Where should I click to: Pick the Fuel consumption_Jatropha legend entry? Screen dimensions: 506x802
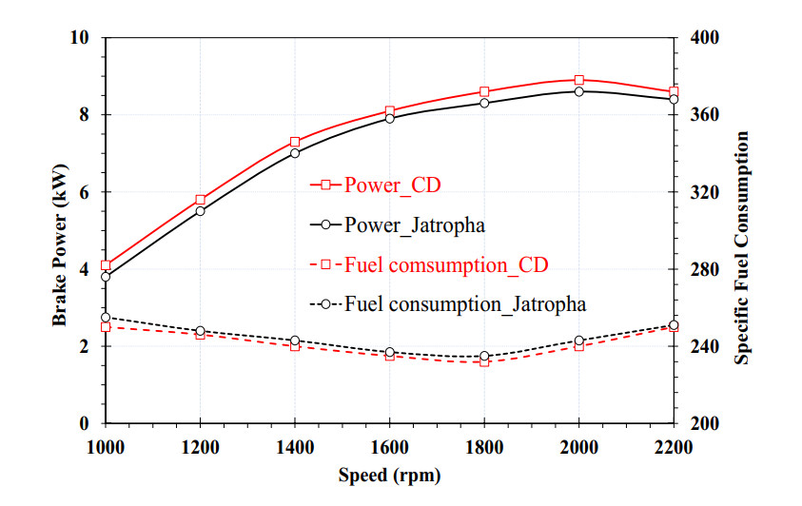pyautogui.click(x=447, y=304)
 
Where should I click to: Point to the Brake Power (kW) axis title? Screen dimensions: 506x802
pyautogui.click(x=61, y=230)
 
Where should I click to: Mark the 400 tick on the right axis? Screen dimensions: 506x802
pyautogui.click(x=704, y=37)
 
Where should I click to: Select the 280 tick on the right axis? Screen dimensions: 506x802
pyautogui.click(x=704, y=269)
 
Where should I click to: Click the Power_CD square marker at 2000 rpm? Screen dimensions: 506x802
pyautogui.click(x=578, y=81)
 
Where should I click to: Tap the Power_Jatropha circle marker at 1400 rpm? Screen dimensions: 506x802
pyautogui.click(x=295, y=153)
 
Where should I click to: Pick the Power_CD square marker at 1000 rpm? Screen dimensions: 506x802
pyautogui.click(x=106, y=265)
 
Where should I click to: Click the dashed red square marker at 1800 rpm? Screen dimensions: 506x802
pyautogui.click(x=484, y=361)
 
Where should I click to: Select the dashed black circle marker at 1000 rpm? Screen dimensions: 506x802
pyautogui.click(x=106, y=318)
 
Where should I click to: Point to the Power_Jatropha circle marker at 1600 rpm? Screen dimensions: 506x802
pyautogui.click(x=390, y=118)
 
